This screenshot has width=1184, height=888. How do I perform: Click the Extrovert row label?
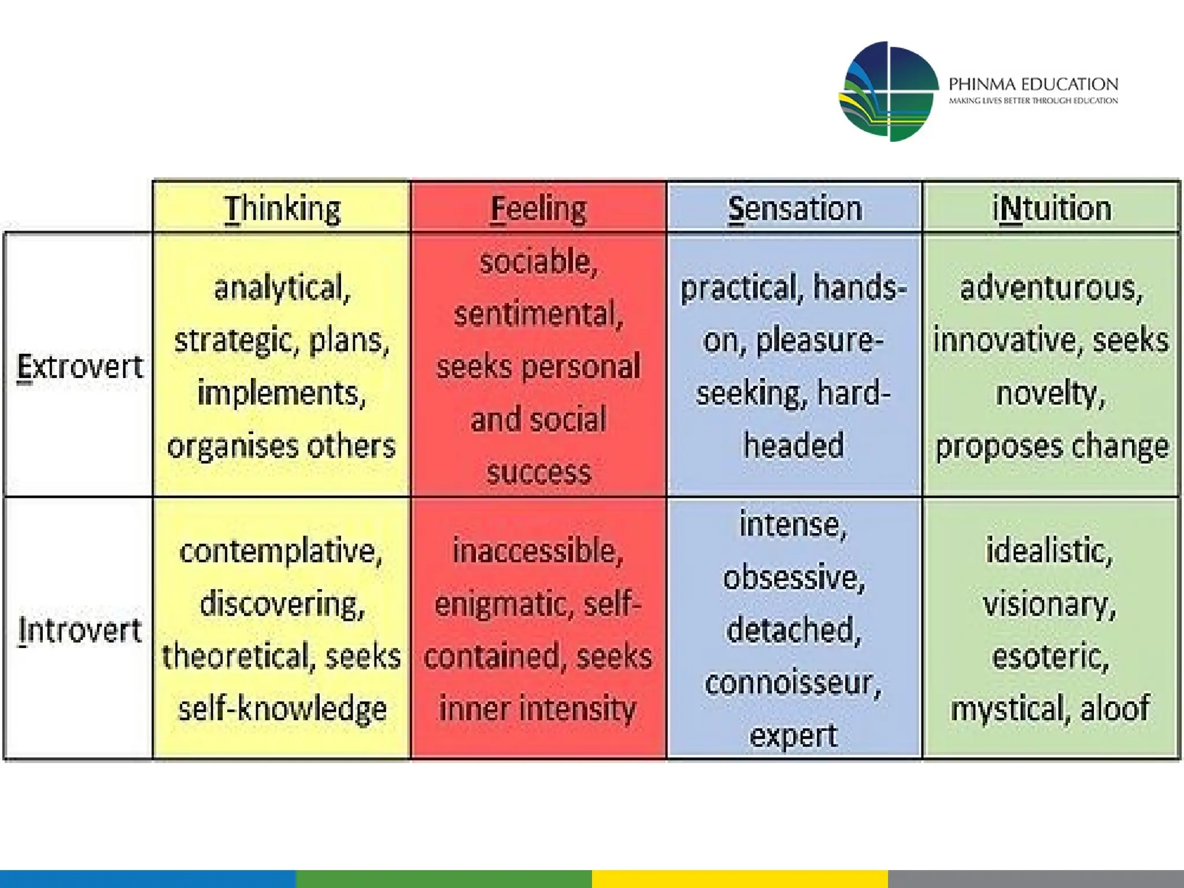(80, 367)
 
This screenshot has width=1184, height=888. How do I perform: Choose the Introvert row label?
(80, 630)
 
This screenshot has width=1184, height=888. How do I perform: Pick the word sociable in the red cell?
(538, 262)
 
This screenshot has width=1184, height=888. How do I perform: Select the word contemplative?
(280, 551)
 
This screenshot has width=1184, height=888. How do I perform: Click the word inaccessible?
(538, 551)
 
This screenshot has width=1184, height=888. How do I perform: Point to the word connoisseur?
(793, 683)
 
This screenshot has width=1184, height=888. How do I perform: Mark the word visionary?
(1049, 604)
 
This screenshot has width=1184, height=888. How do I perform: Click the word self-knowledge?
(282, 709)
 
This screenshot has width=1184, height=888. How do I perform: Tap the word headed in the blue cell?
(794, 446)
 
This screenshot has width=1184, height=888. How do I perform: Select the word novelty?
(1050, 393)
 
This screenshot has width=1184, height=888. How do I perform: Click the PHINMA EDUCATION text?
(1033, 84)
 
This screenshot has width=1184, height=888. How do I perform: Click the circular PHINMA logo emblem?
(889, 91)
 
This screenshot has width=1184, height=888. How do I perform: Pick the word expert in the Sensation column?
(793, 735)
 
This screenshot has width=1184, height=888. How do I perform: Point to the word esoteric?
(1050, 657)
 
